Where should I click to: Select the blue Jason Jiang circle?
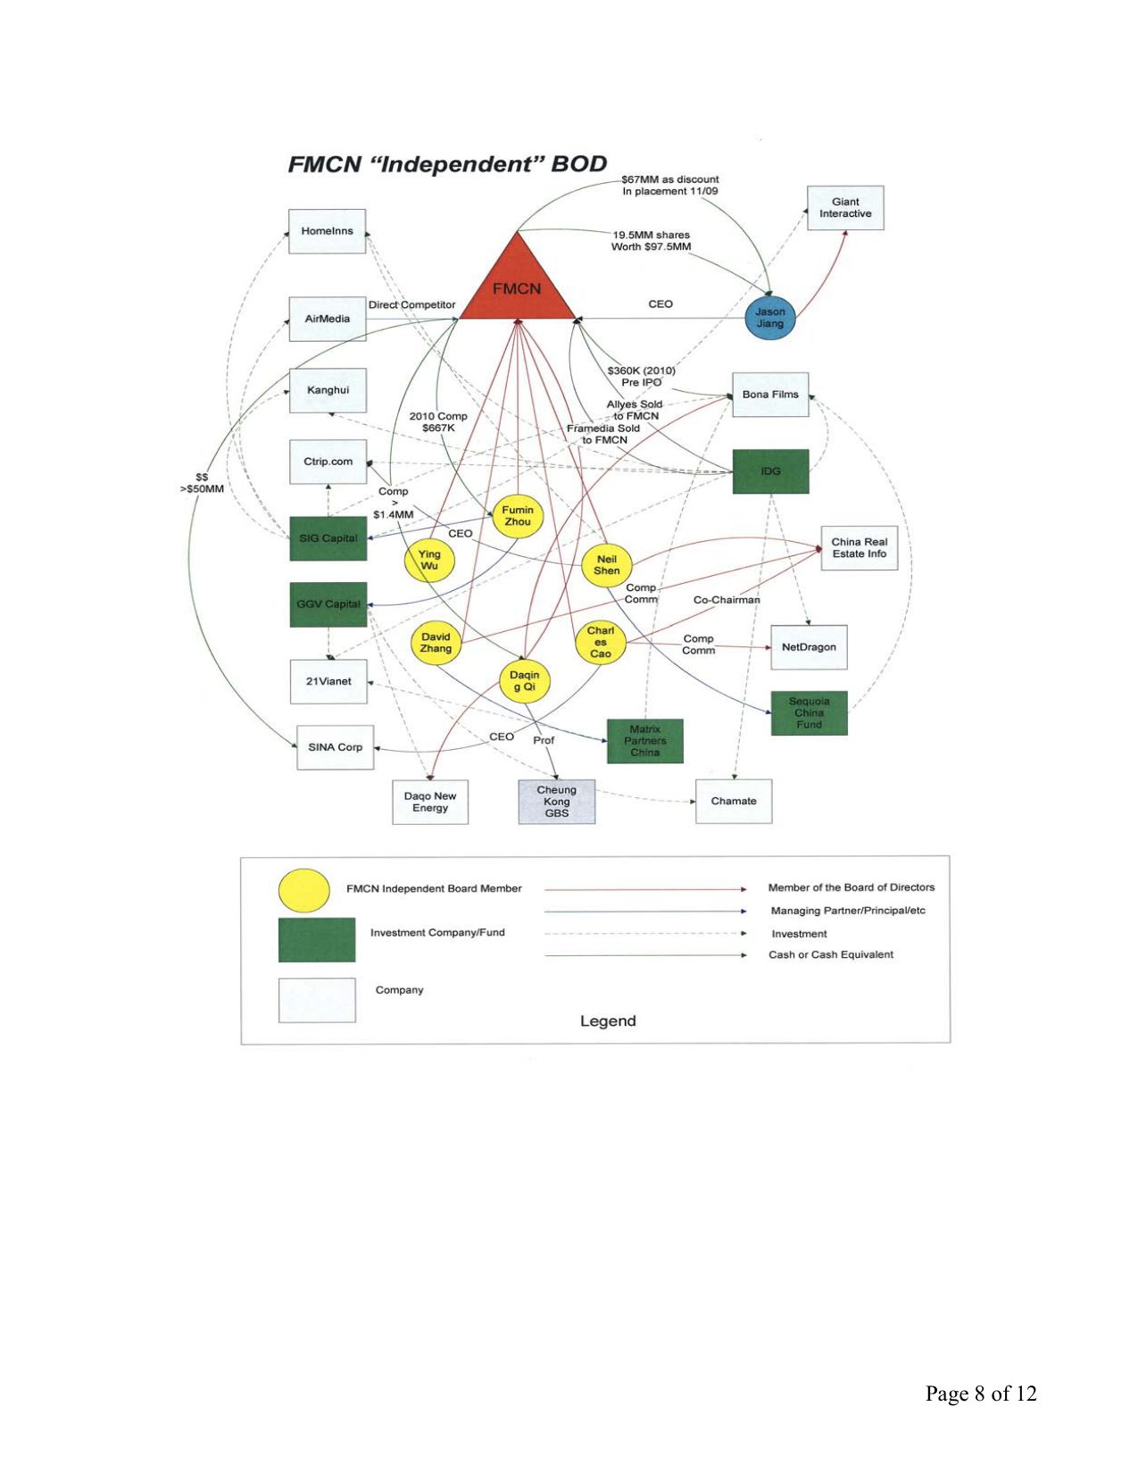point(770,317)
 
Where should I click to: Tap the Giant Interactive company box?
point(845,208)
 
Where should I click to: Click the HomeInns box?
point(327,231)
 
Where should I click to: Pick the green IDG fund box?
point(770,471)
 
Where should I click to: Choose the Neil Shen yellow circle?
point(606,565)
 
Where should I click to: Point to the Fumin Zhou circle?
point(518,516)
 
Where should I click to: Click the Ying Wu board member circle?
point(429,560)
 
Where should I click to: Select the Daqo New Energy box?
point(430,802)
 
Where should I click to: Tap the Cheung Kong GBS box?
point(556,802)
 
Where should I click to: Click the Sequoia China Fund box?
point(809,713)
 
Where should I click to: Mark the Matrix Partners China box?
point(644,741)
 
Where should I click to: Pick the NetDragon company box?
point(809,647)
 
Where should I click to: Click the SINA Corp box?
point(335,747)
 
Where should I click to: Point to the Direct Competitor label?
point(411,305)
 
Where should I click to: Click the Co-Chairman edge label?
point(727,600)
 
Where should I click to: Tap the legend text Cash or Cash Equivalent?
point(831,955)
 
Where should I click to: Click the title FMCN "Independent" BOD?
point(447,164)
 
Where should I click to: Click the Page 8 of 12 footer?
point(981,1394)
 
